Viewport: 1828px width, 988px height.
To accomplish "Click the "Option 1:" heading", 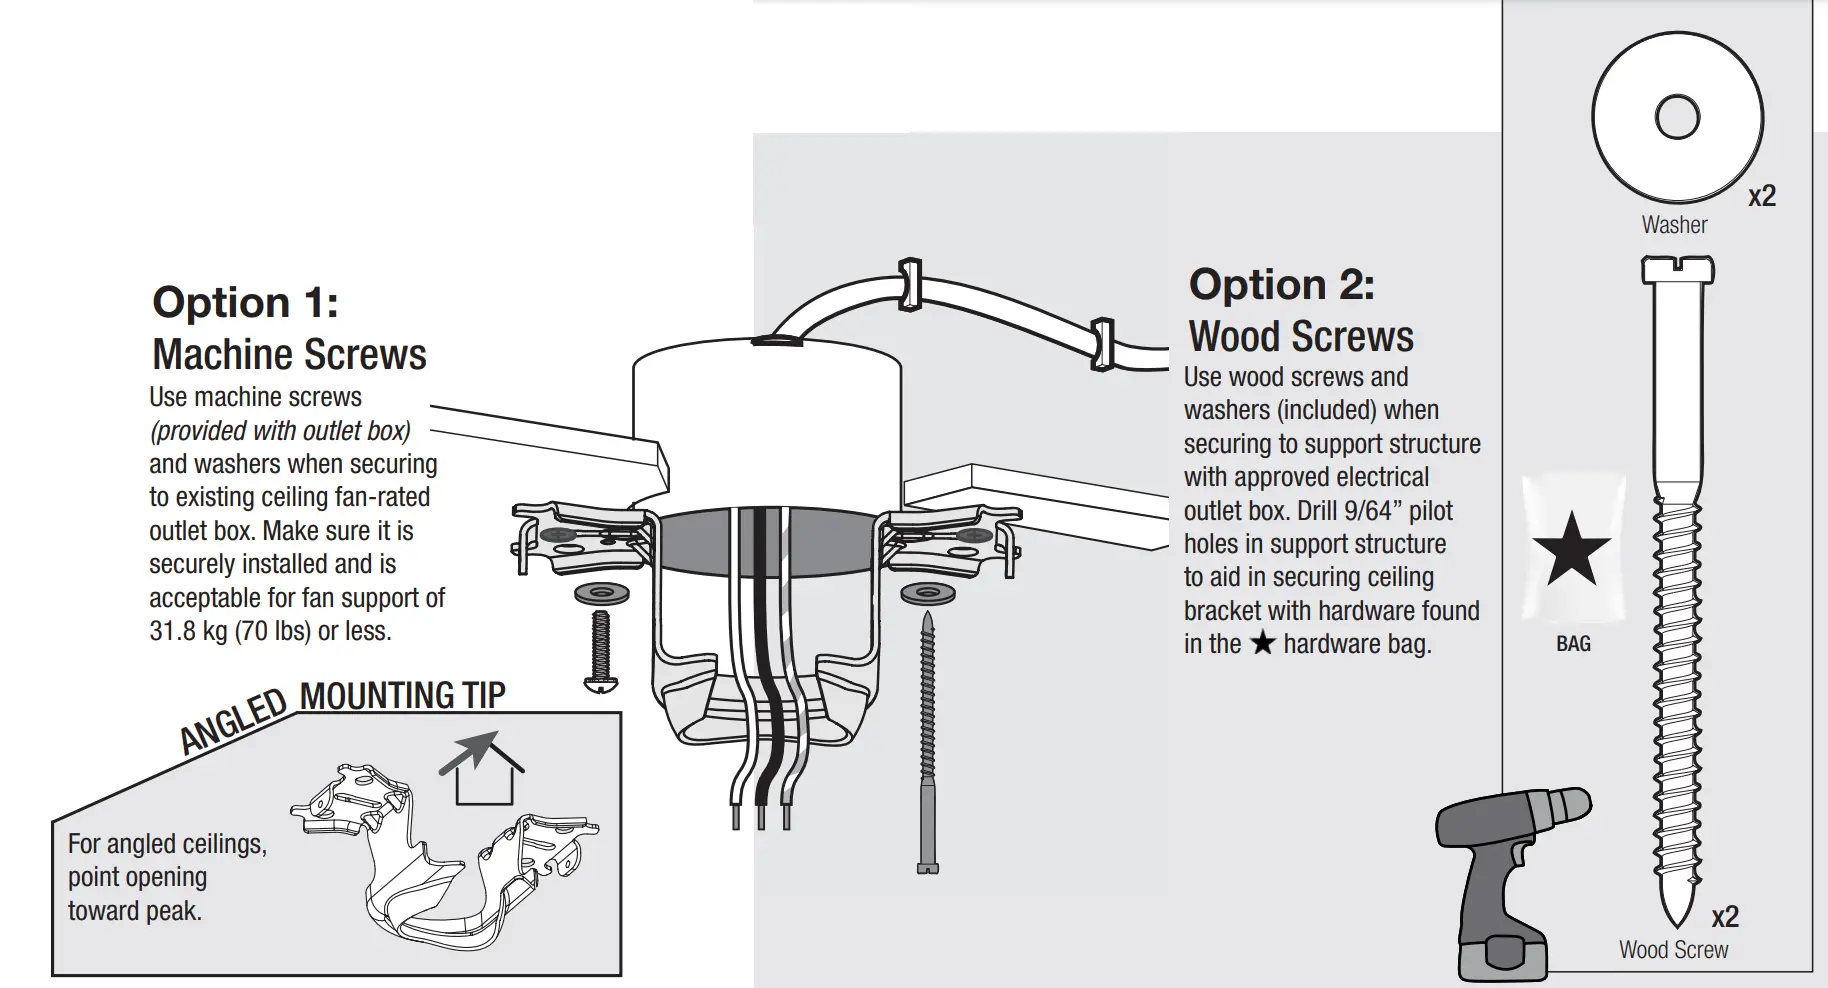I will point(245,302).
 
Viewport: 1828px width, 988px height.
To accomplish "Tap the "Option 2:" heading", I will point(1281,285).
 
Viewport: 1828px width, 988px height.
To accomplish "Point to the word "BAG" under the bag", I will point(1573,644).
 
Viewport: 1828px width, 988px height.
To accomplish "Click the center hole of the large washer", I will point(1677,117).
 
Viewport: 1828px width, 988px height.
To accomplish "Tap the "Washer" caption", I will point(1674,225).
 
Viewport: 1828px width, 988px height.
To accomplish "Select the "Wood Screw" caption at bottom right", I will point(1673,950).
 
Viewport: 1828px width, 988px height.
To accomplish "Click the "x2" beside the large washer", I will point(1762,196).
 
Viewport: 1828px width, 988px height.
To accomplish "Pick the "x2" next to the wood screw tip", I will point(1725,917).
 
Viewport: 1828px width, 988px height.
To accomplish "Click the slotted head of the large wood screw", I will point(1677,270).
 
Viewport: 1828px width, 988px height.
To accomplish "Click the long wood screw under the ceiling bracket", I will point(928,740).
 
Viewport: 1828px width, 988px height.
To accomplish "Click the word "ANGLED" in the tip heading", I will point(233,720).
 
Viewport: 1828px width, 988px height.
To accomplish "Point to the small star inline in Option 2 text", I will point(1263,643).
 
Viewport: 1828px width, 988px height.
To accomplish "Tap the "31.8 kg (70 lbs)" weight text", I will point(230,631).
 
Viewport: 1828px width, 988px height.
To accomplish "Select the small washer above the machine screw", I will point(601,592).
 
